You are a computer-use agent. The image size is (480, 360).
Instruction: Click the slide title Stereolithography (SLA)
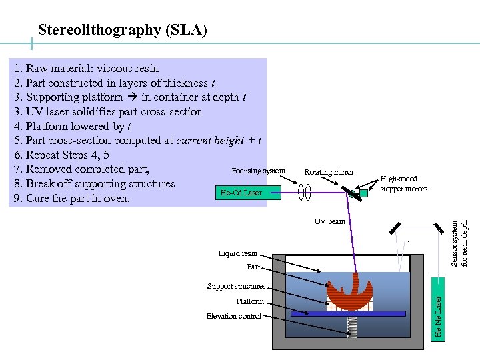[123, 30]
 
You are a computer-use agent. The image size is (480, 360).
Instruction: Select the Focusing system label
[258, 171]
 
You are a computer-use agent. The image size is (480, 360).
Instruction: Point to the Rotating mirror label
[329, 172]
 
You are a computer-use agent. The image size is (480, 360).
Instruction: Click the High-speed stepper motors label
[403, 184]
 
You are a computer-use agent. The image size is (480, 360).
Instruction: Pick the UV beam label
[330, 221]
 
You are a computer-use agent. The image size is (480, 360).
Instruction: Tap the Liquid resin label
[237, 253]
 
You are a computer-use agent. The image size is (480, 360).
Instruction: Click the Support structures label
[236, 286]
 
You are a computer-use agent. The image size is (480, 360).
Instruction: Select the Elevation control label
[233, 316]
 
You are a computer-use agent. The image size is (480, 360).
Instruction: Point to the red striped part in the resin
[350, 293]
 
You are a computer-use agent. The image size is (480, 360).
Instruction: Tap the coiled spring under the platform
[352, 326]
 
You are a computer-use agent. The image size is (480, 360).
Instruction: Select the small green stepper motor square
[363, 193]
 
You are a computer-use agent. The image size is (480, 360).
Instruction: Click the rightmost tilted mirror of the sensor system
[439, 227]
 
